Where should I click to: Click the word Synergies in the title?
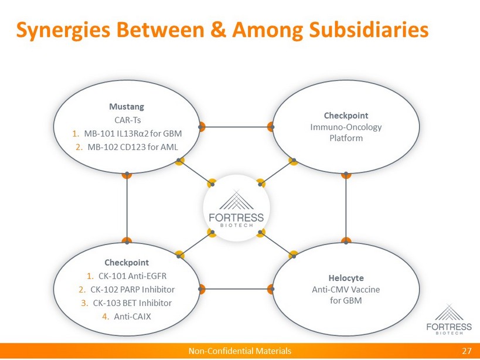tap(63, 31)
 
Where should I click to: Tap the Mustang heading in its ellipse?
tap(127, 107)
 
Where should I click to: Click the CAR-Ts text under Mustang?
tap(128, 120)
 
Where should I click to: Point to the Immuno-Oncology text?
tap(346, 127)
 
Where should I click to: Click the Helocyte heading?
tap(346, 278)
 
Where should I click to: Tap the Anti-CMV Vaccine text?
tap(346, 289)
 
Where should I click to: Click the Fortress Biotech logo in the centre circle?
tap(236, 209)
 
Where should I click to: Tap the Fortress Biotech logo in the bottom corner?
tap(449, 320)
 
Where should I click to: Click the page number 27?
tap(467, 351)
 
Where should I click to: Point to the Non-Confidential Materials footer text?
tap(240, 351)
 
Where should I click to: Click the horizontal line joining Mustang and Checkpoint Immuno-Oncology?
tap(236, 127)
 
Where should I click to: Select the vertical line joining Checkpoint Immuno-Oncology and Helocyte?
tap(346, 208)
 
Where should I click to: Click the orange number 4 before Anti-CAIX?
tap(105, 316)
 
